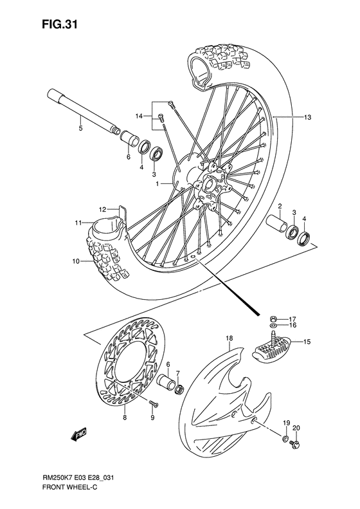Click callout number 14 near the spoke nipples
pos(138,116)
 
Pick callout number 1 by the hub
pos(156,184)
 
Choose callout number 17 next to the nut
pos(292,319)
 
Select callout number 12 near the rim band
pos(102,209)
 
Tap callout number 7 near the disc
pos(178,373)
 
